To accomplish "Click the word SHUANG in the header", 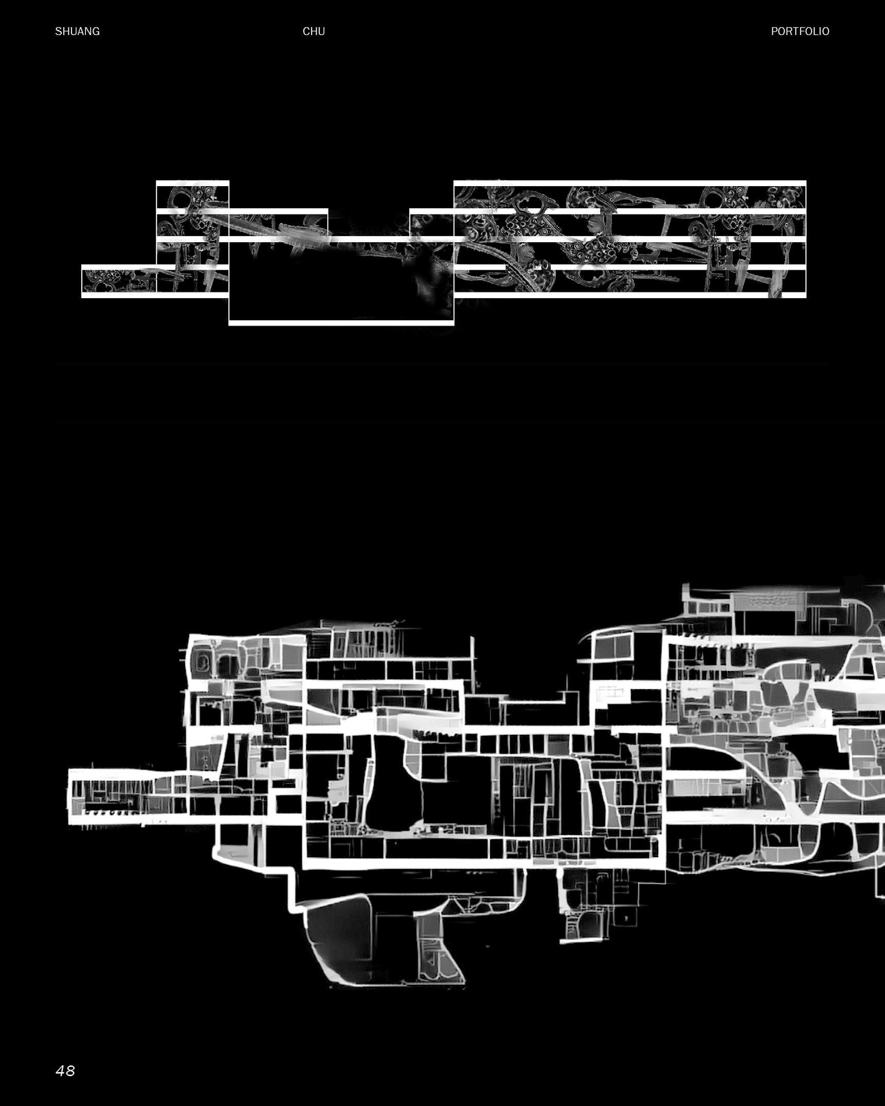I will (77, 31).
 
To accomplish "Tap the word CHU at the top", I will (314, 31).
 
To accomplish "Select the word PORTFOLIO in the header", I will (800, 31).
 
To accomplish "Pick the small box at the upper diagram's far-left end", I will (118, 280).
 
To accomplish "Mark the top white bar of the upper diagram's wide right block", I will (630, 183).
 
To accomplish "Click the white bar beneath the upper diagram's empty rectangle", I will (341, 323).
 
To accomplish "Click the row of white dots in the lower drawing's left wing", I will (111, 813).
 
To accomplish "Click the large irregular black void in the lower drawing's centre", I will (396, 787).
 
